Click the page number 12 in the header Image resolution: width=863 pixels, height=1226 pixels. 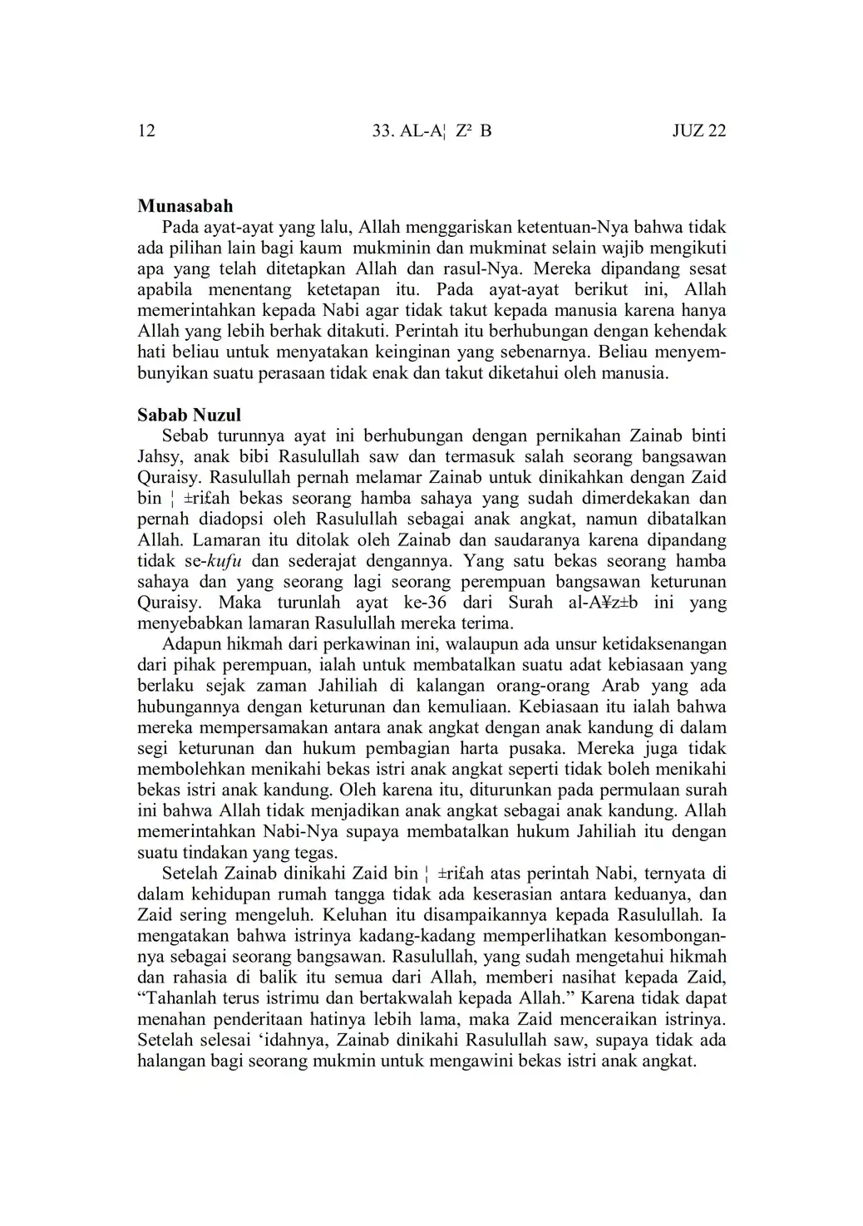point(146,130)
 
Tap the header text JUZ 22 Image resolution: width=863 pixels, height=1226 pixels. point(698,130)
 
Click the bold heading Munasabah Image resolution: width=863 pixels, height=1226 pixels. point(185,206)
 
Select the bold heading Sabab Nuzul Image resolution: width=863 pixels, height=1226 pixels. point(189,414)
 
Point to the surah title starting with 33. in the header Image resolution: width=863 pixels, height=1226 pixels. point(432,130)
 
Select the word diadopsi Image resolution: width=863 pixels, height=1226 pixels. point(219,519)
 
